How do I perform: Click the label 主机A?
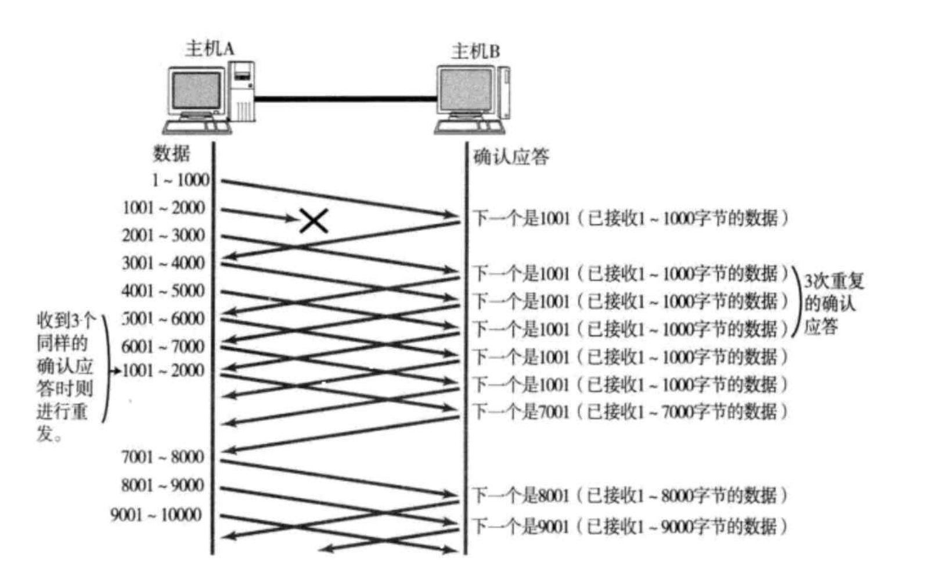coord(210,48)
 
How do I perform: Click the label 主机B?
coord(475,51)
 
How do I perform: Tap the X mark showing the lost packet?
coord(314,221)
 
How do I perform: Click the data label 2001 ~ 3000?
coord(163,235)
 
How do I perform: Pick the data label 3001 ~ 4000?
coord(163,263)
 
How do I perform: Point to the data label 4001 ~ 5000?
coord(163,291)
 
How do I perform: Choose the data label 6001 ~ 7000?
coord(163,346)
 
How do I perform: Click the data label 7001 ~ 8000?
coord(163,457)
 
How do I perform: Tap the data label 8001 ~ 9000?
coord(163,485)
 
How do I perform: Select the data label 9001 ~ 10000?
coord(156,514)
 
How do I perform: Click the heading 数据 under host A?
coord(171,153)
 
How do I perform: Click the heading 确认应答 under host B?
coord(511,156)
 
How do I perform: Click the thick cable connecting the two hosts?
coord(345,99)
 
